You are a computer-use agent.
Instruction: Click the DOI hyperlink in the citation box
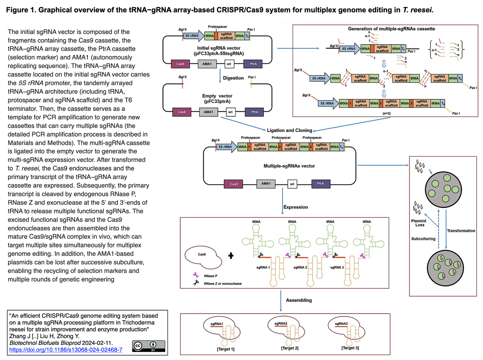click(x=66, y=350)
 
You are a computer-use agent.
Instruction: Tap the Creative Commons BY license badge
click(x=149, y=346)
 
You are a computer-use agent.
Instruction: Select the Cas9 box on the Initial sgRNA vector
click(x=180, y=64)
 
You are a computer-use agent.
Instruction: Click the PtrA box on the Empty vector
click(x=255, y=112)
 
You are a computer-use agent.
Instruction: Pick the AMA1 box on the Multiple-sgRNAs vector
click(x=266, y=184)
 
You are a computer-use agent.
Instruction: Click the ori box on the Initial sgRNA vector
click(x=229, y=64)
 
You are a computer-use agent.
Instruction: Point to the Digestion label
click(x=233, y=78)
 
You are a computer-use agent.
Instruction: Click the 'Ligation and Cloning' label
click(x=289, y=130)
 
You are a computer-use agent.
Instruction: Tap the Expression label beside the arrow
click(x=295, y=207)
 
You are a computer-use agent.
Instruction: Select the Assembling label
click(x=299, y=300)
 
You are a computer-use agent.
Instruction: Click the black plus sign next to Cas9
click(x=231, y=256)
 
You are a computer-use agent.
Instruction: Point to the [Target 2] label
click(x=289, y=348)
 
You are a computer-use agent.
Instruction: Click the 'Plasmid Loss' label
click(x=418, y=223)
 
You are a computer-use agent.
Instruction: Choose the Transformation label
click(x=461, y=231)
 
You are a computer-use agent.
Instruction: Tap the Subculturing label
click(x=423, y=239)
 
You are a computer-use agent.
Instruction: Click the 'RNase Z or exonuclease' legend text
click(x=223, y=283)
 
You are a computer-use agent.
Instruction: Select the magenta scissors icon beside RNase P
click(x=195, y=275)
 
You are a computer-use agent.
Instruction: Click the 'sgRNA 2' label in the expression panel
click(x=300, y=268)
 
